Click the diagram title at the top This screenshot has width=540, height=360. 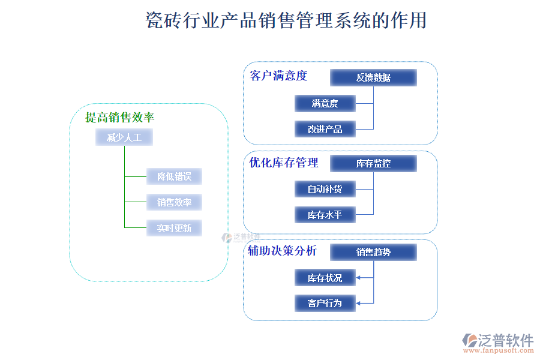[286, 20]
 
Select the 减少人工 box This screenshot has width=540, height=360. [124, 138]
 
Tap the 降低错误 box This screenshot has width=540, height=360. [174, 176]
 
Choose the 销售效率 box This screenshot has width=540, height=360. [174, 202]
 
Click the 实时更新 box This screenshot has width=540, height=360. [174, 228]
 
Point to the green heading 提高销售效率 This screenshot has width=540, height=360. [120, 118]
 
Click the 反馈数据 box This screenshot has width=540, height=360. [373, 77]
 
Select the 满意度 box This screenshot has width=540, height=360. [325, 103]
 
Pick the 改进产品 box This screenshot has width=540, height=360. [325, 129]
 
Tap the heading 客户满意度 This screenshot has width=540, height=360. [278, 76]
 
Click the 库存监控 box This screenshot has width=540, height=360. [373, 163]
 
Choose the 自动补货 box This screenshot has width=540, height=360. [325, 189]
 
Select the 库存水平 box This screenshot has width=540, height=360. [325, 215]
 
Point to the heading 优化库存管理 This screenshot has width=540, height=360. [284, 163]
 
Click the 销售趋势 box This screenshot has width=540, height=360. [373, 252]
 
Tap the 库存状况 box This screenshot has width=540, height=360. [325, 278]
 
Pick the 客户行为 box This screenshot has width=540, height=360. [325, 303]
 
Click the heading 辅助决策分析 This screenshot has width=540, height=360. [283, 251]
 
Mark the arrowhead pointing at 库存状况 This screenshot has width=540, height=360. [359, 278]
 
